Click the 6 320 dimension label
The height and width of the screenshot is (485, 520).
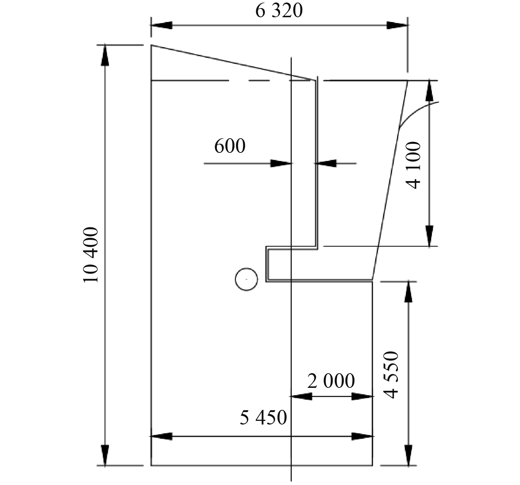point(279,11)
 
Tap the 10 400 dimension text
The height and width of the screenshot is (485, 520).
point(91,255)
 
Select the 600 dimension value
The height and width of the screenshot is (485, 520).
point(230,146)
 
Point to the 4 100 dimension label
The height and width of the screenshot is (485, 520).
point(413,165)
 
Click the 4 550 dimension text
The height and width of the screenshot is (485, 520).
point(391,375)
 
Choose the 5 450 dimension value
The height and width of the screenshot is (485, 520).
point(263,418)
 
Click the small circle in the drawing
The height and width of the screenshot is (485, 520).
point(246,279)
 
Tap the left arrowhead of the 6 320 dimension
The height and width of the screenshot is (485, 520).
point(161,25)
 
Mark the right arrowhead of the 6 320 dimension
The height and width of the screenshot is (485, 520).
point(397,25)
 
